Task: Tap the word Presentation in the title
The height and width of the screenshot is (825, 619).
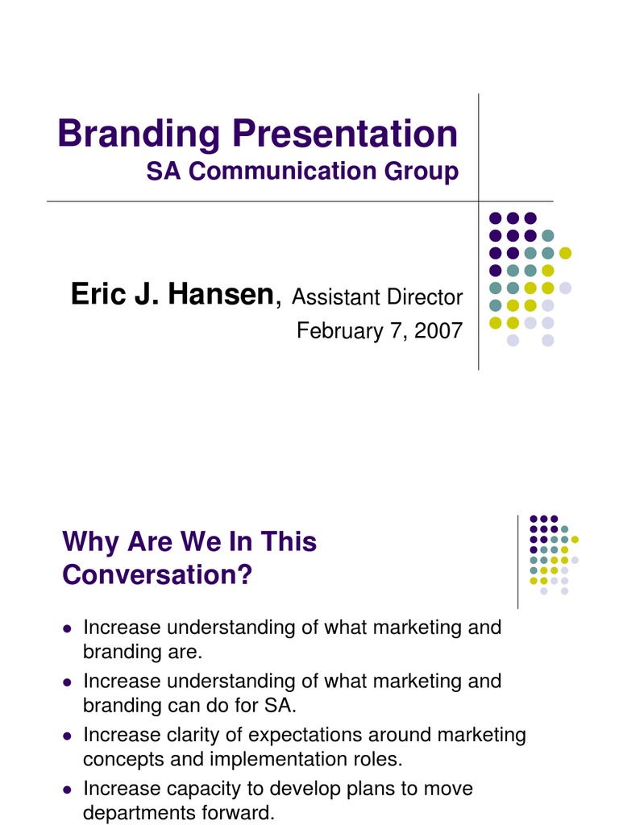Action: pyautogui.click(x=346, y=135)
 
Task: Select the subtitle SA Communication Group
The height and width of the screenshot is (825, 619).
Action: pyautogui.click(x=302, y=172)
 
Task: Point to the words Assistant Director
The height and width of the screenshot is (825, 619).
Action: pyautogui.click(x=377, y=297)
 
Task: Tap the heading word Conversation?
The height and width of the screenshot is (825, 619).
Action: pyautogui.click(x=157, y=575)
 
